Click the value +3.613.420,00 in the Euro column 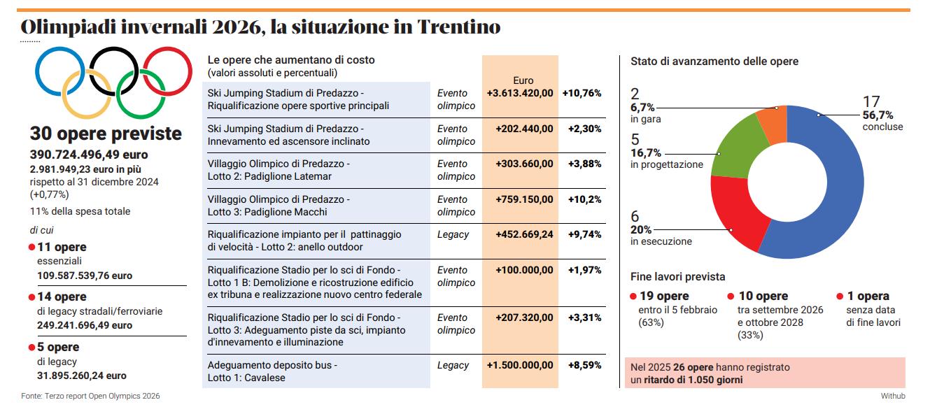[520, 93]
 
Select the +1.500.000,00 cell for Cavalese [520, 365]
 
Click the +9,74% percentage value [582, 234]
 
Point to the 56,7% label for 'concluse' [878, 115]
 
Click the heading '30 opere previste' [105, 134]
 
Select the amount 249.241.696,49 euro [85, 325]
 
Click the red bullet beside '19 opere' [633, 297]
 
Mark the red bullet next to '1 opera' [840, 297]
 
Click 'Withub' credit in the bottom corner [892, 397]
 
